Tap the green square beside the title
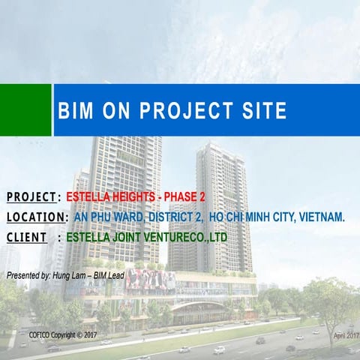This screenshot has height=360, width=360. tap(25, 110)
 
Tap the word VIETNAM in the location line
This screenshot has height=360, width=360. tap(322, 217)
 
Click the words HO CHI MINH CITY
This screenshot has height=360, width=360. tap(253, 217)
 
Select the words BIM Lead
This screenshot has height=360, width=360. tap(109, 275)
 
